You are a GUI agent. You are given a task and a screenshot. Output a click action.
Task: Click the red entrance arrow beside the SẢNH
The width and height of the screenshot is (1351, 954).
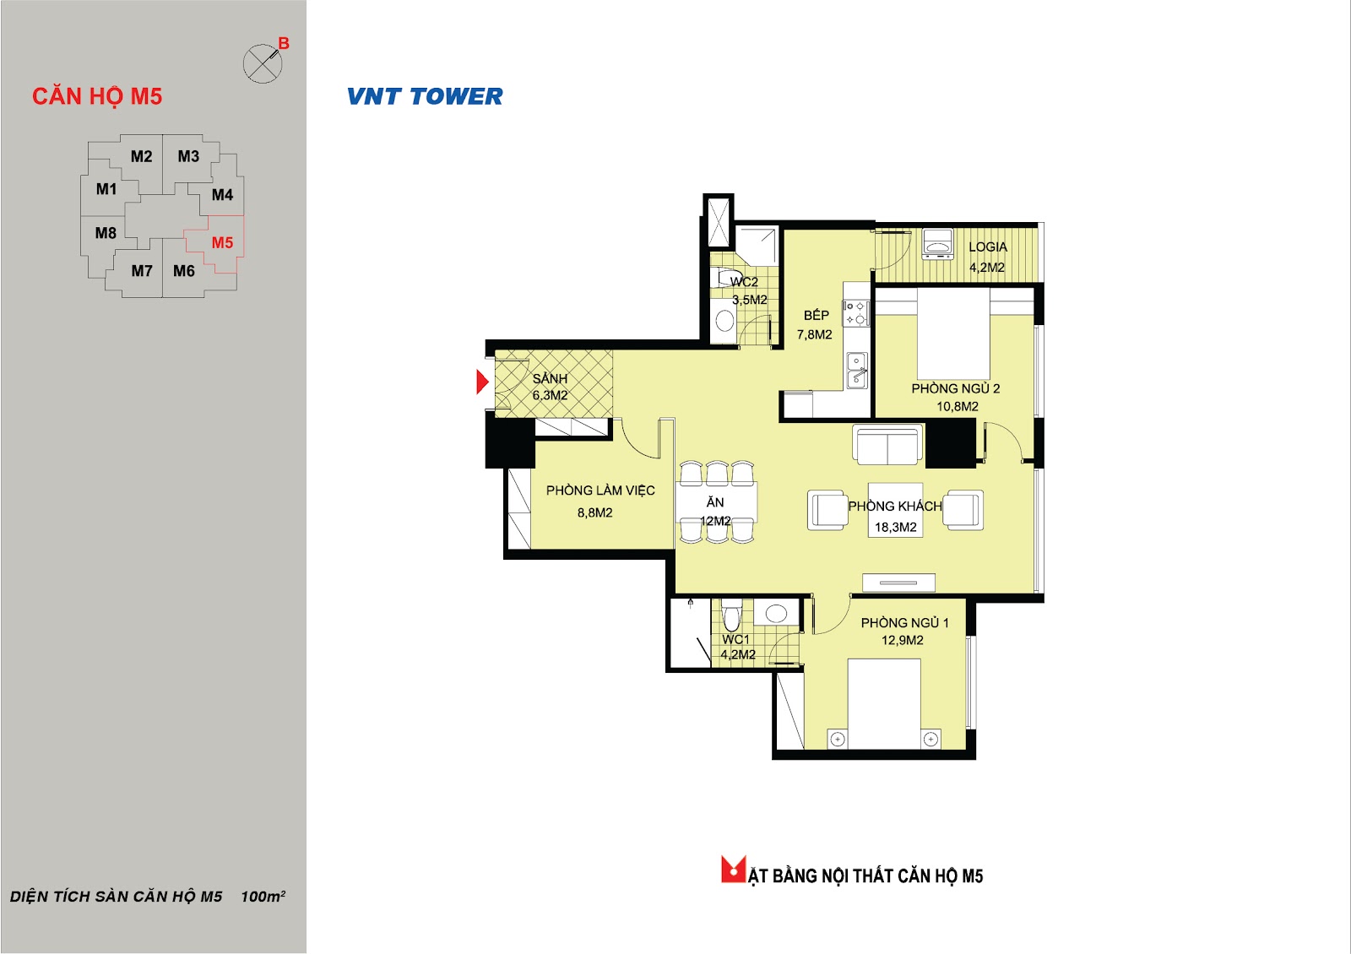[482, 382]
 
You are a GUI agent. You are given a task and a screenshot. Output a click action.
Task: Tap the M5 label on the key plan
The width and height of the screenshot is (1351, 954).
[222, 242]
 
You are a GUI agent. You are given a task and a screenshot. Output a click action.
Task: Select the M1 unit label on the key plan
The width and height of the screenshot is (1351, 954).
[106, 189]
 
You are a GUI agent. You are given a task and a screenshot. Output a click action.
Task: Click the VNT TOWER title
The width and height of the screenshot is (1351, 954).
[425, 96]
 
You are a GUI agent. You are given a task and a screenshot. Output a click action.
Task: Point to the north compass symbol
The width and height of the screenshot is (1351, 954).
[263, 63]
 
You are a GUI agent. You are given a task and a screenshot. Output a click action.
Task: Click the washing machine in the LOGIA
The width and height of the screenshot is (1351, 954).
[937, 244]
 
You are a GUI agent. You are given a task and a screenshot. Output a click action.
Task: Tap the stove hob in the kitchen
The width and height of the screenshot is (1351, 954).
[856, 313]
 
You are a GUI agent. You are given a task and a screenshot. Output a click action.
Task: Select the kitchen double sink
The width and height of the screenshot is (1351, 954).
[857, 371]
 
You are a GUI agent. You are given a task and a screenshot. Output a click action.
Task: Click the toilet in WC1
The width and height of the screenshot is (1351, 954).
[731, 615]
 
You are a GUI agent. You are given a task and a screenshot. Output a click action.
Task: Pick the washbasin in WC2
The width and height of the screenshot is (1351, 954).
[724, 320]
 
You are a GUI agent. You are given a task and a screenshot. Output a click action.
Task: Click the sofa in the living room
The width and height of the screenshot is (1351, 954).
[887, 445]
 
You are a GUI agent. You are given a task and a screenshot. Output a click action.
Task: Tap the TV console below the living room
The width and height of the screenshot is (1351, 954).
[898, 583]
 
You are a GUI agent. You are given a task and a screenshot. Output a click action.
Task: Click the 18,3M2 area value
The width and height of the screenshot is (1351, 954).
[896, 527]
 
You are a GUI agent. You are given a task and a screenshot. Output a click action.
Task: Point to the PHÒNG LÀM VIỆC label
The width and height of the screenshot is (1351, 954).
[600, 491]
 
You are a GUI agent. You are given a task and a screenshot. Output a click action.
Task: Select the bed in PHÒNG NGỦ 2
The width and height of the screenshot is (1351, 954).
[953, 333]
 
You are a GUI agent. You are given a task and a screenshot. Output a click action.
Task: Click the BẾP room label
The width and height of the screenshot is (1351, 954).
[816, 315]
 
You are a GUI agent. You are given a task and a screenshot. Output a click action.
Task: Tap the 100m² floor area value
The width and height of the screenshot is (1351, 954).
[263, 896]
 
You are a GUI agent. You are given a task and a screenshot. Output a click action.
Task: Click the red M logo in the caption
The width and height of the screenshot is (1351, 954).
[734, 870]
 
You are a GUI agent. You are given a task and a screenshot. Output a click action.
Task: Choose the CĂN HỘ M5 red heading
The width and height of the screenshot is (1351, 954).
[97, 97]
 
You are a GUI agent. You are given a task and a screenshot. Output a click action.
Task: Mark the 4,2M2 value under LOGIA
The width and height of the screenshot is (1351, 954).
[987, 267]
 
